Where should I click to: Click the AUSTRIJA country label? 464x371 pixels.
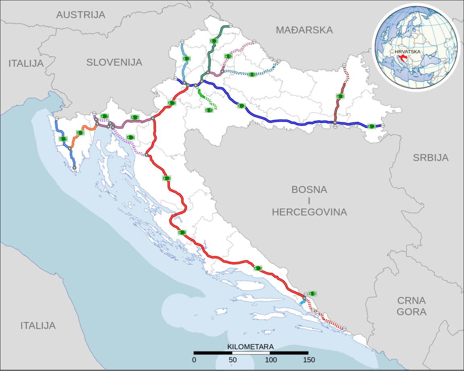pyautogui.click(x=81, y=15)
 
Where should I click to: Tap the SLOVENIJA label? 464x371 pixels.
pyautogui.click(x=114, y=62)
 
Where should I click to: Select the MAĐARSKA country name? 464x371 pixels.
pyautogui.click(x=304, y=30)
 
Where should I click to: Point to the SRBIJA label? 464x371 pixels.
pyautogui.click(x=431, y=158)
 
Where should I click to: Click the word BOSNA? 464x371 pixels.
pyautogui.click(x=309, y=190)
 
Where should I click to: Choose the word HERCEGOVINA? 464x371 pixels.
pyautogui.click(x=309, y=212)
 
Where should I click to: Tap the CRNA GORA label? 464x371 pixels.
pyautogui.click(x=411, y=306)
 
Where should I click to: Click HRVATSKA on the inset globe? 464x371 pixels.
pyautogui.click(x=408, y=52)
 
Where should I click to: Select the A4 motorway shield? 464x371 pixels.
pyautogui.click(x=214, y=41)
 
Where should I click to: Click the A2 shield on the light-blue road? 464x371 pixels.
pyautogui.click(x=186, y=59)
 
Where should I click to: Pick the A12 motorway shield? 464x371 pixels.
pyautogui.click(x=228, y=56)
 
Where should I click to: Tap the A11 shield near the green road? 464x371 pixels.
pyautogui.click(x=209, y=110)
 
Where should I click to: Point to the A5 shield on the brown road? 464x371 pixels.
pyautogui.click(x=340, y=96)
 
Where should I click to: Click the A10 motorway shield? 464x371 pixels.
pyautogui.click(x=313, y=294)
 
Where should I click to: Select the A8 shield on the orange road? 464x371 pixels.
pyautogui.click(x=81, y=133)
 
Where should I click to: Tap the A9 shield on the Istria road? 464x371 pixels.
pyautogui.click(x=63, y=139)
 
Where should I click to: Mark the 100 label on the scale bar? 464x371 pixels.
pyautogui.click(x=270, y=360)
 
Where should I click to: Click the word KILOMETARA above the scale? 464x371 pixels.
pyautogui.click(x=251, y=347)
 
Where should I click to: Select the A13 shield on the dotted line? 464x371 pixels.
pyautogui.click(x=252, y=75)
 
